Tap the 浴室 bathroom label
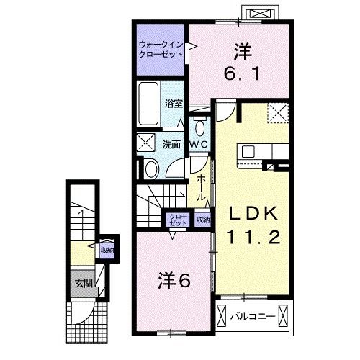click(x=174, y=103)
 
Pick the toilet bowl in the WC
click(x=199, y=128)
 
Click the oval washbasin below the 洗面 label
click(x=151, y=169)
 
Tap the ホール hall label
click(x=202, y=186)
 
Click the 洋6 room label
click(x=175, y=279)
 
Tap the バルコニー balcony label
click(x=250, y=315)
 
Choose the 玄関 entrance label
click(x=81, y=283)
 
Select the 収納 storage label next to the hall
click(x=203, y=220)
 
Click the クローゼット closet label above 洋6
click(x=176, y=220)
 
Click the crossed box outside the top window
click(x=259, y=14)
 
